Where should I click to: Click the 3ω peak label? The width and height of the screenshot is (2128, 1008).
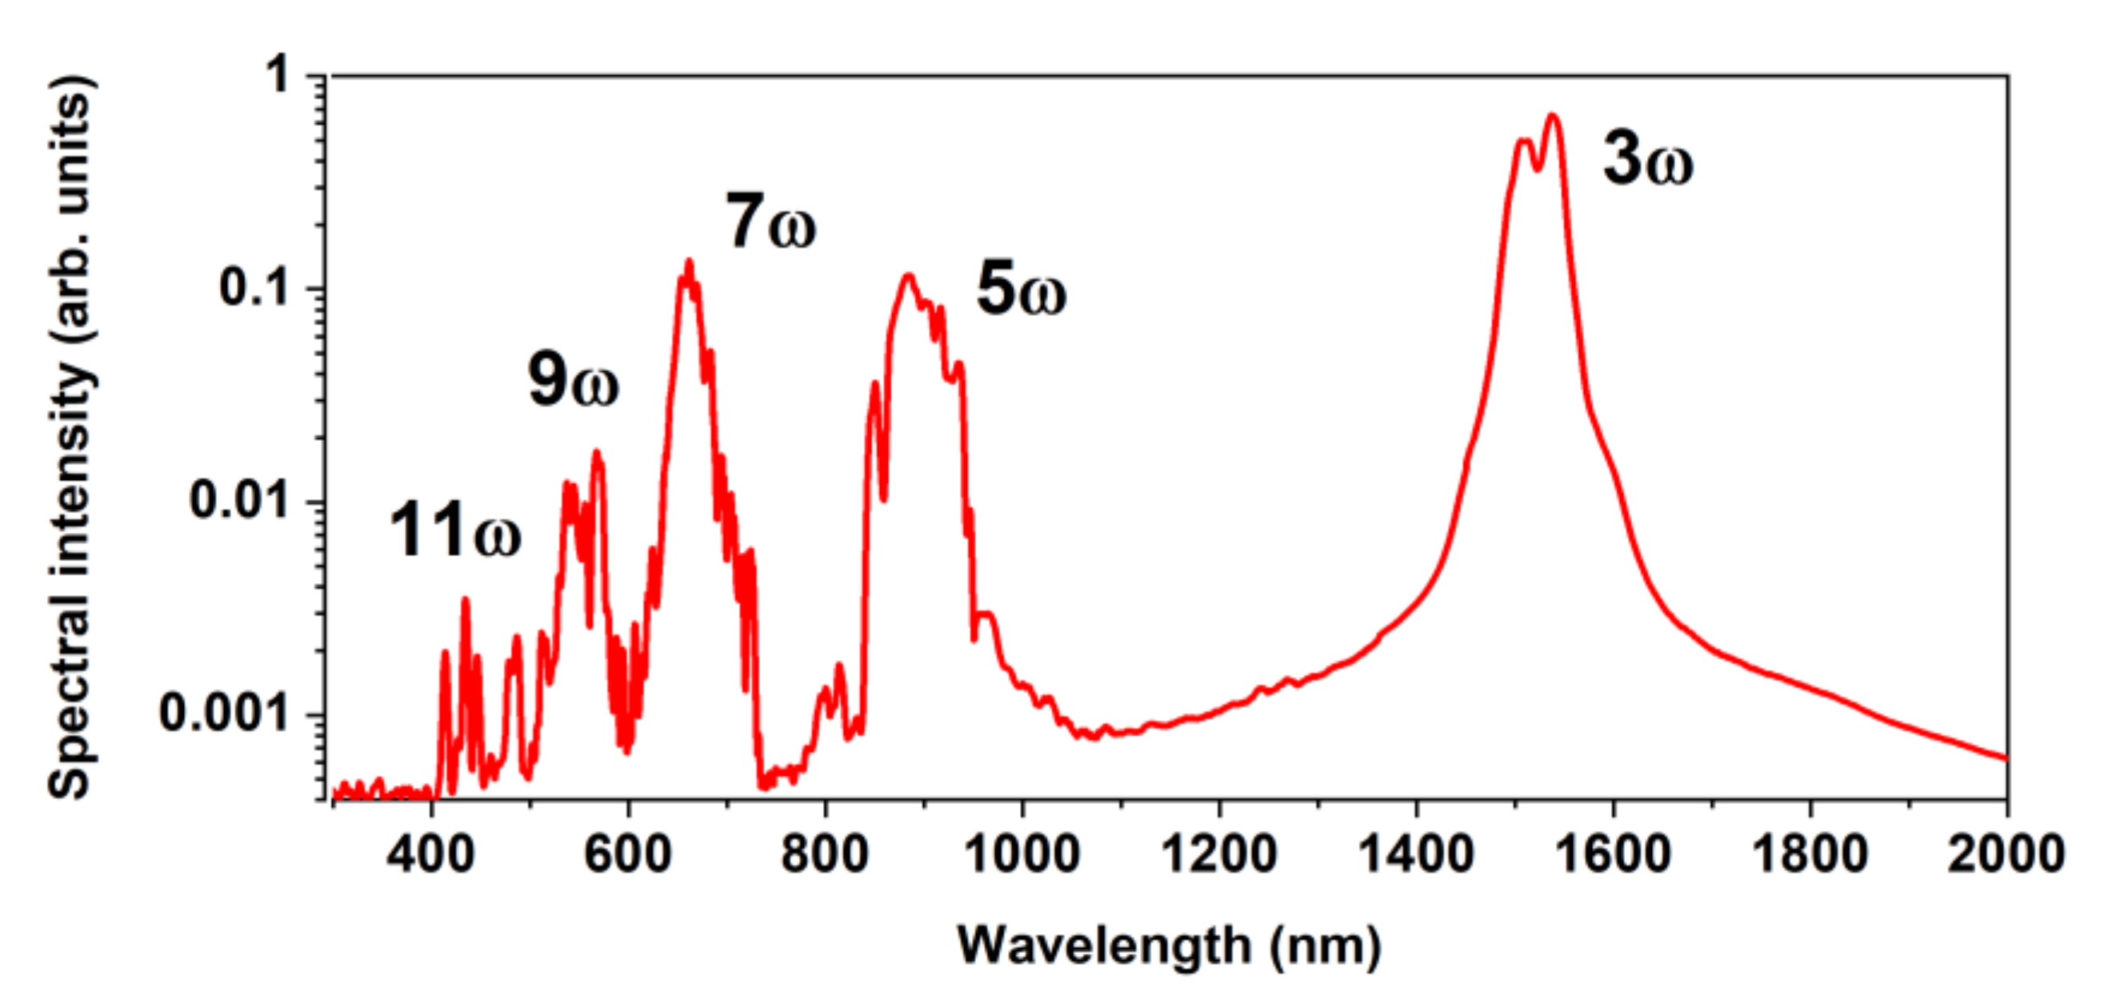click(x=1647, y=160)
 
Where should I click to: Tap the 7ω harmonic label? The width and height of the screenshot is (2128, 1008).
click(x=770, y=223)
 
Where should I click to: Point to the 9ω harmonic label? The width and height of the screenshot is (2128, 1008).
click(x=573, y=382)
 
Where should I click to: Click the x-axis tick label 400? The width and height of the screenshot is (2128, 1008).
click(x=431, y=854)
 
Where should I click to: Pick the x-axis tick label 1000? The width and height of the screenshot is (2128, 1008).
click(x=1022, y=854)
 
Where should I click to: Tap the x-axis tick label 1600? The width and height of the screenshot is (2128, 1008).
click(x=1613, y=854)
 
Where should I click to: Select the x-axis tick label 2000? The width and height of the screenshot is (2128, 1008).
click(x=2006, y=854)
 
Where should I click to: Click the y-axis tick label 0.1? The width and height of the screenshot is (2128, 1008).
click(x=255, y=288)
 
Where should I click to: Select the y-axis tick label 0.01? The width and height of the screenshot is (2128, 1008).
click(x=240, y=501)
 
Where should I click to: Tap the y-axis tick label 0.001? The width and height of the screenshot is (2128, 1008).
click(x=226, y=713)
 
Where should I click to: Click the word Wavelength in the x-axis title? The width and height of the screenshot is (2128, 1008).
click(x=1105, y=946)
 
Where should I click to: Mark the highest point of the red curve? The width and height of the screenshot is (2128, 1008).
click(x=1553, y=115)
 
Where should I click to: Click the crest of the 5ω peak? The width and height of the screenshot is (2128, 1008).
click(x=909, y=275)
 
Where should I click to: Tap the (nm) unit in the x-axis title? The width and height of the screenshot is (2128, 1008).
click(x=1325, y=946)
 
